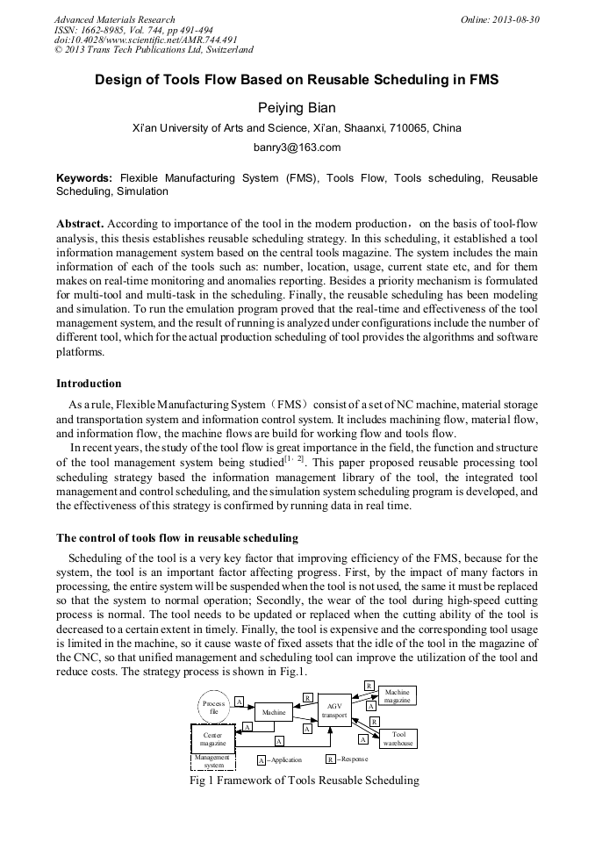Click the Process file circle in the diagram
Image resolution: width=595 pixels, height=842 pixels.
click(214, 706)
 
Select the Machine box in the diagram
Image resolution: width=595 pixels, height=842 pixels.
click(274, 712)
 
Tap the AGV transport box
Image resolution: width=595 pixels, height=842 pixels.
click(333, 709)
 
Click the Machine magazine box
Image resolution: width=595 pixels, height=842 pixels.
click(397, 695)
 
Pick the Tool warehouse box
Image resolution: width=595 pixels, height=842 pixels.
click(398, 738)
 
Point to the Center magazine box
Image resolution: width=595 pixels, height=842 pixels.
click(213, 738)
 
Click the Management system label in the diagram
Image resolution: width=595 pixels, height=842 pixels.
click(213, 760)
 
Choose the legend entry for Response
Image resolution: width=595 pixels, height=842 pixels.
click(347, 759)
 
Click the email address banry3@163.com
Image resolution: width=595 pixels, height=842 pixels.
click(297, 148)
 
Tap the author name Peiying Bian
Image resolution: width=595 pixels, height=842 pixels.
click(297, 107)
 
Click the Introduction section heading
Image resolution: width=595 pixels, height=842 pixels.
click(89, 383)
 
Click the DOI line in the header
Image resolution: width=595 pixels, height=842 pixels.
click(146, 40)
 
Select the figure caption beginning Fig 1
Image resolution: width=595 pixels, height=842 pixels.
click(305, 780)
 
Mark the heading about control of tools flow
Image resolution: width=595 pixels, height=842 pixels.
click(176, 537)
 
